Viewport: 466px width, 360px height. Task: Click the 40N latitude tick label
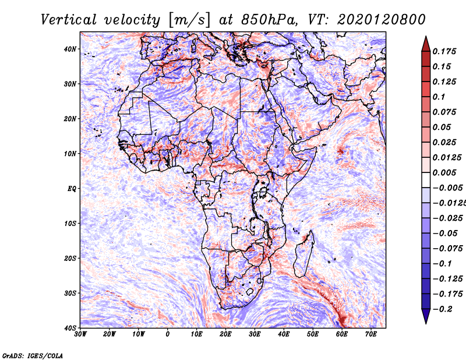(70, 49)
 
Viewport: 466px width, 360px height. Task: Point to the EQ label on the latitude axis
(72, 189)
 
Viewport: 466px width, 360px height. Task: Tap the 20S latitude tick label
(70, 258)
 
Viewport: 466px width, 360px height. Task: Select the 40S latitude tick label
(70, 328)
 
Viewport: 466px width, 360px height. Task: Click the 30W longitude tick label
(81, 334)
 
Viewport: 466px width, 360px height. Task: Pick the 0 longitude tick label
(168, 334)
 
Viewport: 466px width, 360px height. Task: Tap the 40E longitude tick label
(284, 334)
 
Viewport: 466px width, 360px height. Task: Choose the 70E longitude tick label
(371, 334)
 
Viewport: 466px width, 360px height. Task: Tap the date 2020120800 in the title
(373, 19)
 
